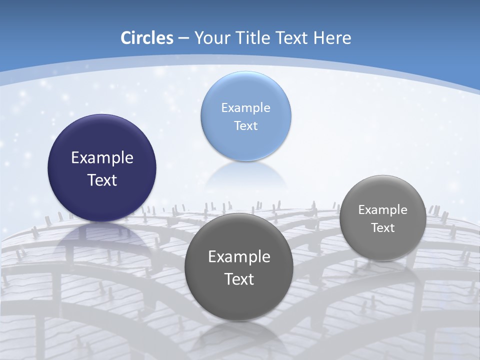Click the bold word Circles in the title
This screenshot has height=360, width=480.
pyautogui.click(x=146, y=38)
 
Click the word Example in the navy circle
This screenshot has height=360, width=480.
pyautogui.click(x=102, y=157)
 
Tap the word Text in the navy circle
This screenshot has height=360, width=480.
pyautogui.click(x=102, y=180)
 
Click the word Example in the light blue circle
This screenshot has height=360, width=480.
pyautogui.click(x=245, y=107)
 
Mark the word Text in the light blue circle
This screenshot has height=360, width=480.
pyautogui.click(x=245, y=125)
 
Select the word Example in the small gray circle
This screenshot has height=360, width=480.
pyautogui.click(x=383, y=209)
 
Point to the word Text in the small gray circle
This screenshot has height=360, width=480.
pyautogui.click(x=383, y=227)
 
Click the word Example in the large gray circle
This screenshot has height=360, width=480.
pyautogui.click(x=239, y=256)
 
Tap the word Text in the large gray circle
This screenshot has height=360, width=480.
pyautogui.click(x=239, y=279)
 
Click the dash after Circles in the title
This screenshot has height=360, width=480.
pyautogui.click(x=183, y=38)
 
